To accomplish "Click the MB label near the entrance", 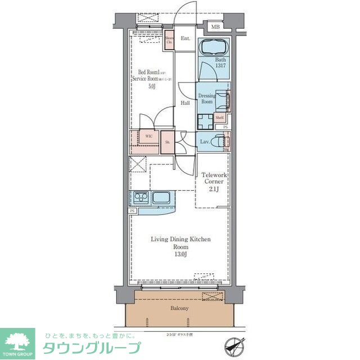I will click(x=215, y=26).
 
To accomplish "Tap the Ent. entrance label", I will click(x=185, y=39).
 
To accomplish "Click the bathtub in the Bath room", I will click(x=214, y=47).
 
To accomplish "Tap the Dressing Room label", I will click(x=208, y=99).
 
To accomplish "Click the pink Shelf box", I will click(x=219, y=118).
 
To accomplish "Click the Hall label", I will click(x=184, y=103).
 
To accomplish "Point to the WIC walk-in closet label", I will click(x=148, y=136).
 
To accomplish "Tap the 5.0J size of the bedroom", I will click(x=152, y=87).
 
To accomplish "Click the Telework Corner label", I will click(x=213, y=178).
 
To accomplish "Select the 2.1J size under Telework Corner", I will click(x=213, y=189).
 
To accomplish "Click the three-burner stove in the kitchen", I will click(x=140, y=197).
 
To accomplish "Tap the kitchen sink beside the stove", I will click(x=161, y=198).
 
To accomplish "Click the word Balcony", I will click(x=180, y=309).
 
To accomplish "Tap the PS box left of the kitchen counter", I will click(x=133, y=210).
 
